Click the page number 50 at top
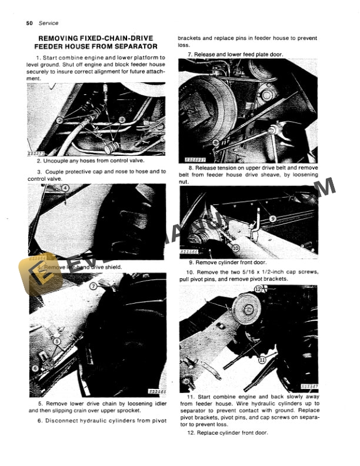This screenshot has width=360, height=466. pyautogui.click(x=29, y=23)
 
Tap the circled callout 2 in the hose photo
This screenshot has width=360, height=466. pyautogui.click(x=59, y=119)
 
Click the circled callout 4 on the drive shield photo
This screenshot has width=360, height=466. pyautogui.click(x=65, y=188)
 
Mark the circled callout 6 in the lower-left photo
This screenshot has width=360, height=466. pyautogui.click(x=35, y=368)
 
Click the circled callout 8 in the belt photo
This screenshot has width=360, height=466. pyautogui.click(x=216, y=142)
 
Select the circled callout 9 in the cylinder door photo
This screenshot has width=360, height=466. pyautogui.click(x=272, y=218)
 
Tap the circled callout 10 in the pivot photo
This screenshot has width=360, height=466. pyautogui.click(x=236, y=248)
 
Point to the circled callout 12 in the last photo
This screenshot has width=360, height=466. pyautogui.click(x=258, y=289)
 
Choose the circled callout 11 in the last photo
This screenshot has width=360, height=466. pyautogui.click(x=262, y=358)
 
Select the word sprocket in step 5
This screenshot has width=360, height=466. pyautogui.click(x=126, y=410)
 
